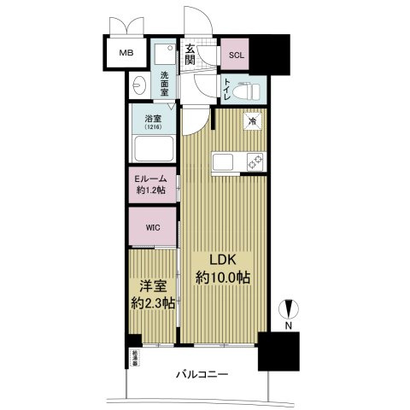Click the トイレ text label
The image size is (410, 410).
click(x=227, y=87)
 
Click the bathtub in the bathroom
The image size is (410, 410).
click(x=153, y=150)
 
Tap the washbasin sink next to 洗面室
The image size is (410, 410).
click(x=141, y=85)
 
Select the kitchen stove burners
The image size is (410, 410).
click(x=254, y=161)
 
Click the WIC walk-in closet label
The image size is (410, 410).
click(x=152, y=228)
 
